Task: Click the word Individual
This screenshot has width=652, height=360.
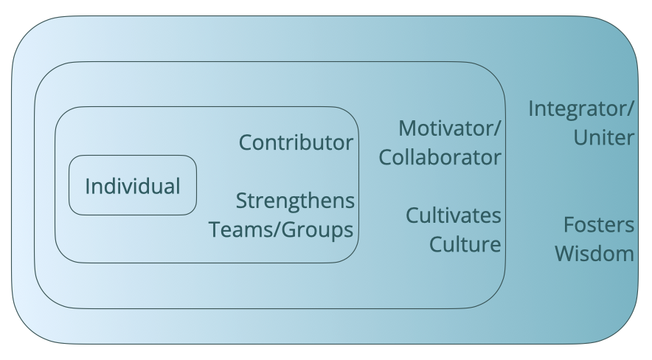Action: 133,186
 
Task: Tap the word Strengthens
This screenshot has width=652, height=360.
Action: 295,201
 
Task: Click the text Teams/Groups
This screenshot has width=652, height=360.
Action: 282,229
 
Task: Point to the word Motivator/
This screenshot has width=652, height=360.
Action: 450,128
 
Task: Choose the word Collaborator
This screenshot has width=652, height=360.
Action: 440,157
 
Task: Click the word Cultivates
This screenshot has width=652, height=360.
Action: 454,216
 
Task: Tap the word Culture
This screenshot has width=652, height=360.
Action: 465,244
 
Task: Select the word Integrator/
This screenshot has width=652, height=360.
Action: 581,110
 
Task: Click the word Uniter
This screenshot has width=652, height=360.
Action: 605,138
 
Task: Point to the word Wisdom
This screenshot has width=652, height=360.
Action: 594,254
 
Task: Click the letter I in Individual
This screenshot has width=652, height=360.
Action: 88,186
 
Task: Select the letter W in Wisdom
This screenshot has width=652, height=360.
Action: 564,254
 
